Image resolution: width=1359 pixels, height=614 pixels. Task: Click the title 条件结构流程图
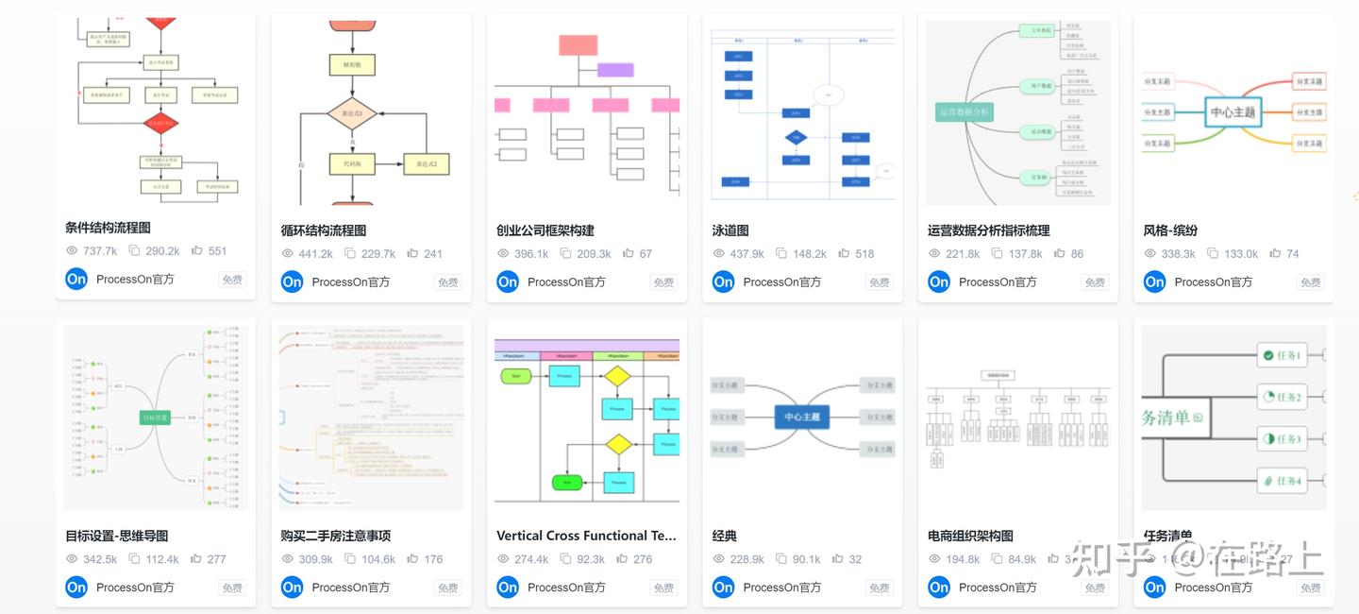pos(108,228)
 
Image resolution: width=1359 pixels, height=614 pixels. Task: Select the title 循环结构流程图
pos(324,230)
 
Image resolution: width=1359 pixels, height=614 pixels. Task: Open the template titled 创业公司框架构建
pos(545,230)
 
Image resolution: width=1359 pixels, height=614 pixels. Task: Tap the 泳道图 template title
pos(730,230)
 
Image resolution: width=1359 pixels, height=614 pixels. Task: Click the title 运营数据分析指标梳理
pos(988,230)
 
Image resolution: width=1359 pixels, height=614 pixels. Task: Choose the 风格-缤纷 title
pos(1170,230)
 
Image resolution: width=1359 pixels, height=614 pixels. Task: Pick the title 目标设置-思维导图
pos(116,536)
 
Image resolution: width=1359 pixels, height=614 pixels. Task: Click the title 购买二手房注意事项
pos(336,536)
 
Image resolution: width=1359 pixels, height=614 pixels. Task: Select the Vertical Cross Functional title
pos(586,536)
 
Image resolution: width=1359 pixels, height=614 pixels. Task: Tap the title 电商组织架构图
pos(970,536)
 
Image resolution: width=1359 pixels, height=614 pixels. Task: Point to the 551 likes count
pos(217,251)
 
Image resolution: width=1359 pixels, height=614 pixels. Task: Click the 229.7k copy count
pos(377,254)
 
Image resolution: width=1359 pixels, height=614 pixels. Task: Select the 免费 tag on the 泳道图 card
pos(880,281)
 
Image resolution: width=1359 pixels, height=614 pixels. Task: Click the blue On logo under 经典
pos(724,587)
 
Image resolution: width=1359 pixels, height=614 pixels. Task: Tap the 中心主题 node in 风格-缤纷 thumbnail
pos(1233,112)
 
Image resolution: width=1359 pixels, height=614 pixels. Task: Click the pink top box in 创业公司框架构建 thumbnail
pos(578,44)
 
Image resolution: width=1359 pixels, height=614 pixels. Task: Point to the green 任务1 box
pos(1283,356)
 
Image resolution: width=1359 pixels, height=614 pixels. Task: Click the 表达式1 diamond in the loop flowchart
pos(352,114)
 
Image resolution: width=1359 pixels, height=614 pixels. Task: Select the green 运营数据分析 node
pos(964,111)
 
